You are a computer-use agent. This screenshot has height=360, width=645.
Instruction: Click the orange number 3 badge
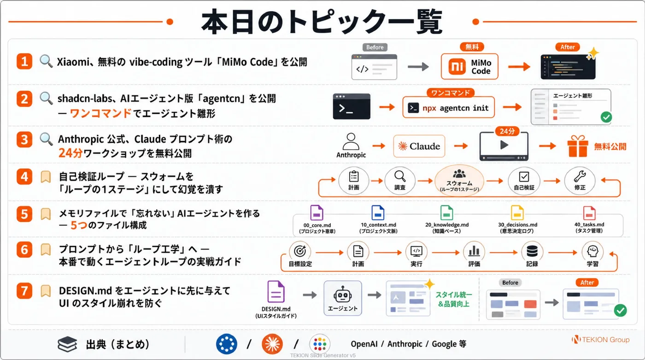coord(24,139)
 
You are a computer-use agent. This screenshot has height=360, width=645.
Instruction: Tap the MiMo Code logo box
coord(469,66)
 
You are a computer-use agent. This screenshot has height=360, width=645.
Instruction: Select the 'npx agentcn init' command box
coord(448,108)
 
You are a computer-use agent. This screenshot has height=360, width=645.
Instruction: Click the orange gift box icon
coord(577,146)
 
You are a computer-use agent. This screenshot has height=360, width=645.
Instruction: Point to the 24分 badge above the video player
coord(507,131)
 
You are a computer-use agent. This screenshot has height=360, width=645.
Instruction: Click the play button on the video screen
coord(504,145)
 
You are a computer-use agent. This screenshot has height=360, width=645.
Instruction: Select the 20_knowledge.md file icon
coord(446,213)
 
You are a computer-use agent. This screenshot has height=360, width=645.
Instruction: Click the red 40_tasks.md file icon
coord(589,213)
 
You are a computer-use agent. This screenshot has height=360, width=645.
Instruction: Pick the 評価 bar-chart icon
coord(474,251)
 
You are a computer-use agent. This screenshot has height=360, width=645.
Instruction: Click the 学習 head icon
coord(592,251)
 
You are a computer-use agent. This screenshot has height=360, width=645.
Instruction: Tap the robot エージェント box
coord(343,298)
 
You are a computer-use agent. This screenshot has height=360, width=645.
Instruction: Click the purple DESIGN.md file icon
coord(276,291)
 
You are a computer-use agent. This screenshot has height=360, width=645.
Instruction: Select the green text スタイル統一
coord(454,295)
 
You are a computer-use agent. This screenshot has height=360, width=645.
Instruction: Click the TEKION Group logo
coord(601,340)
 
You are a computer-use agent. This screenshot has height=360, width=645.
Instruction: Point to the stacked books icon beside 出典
coord(67,344)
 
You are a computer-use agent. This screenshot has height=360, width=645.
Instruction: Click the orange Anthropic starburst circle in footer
coord(272,344)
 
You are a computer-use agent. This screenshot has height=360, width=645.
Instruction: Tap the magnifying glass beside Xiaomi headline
coord(46,61)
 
